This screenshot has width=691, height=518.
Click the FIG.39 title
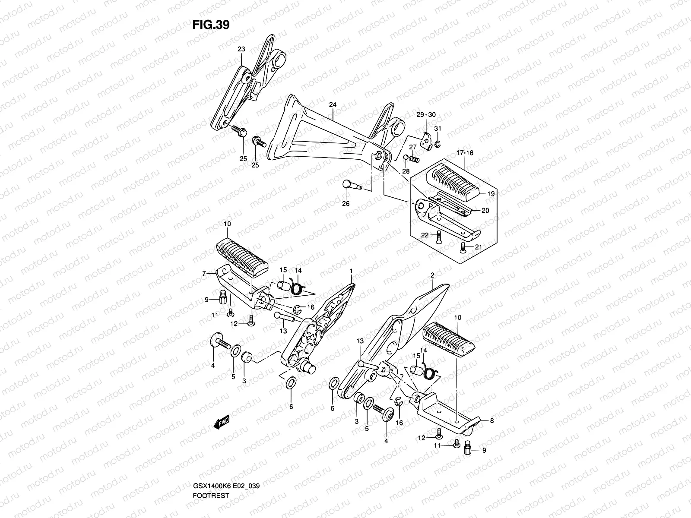pos(211,25)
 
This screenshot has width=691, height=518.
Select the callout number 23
pos(241,49)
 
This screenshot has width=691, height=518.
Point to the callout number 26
pos(345,204)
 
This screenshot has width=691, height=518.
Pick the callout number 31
pos(437,129)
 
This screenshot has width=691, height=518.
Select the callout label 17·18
pos(464,153)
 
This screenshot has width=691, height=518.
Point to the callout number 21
pos(477,247)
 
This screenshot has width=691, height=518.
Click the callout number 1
pos(351,271)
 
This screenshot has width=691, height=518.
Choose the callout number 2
pos(432,275)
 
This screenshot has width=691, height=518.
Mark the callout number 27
pos(413,147)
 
